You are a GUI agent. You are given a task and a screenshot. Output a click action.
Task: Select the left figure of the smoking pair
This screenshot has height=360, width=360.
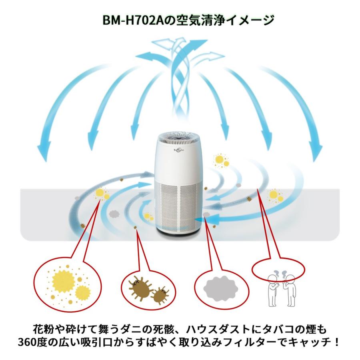(x=273, y=290)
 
